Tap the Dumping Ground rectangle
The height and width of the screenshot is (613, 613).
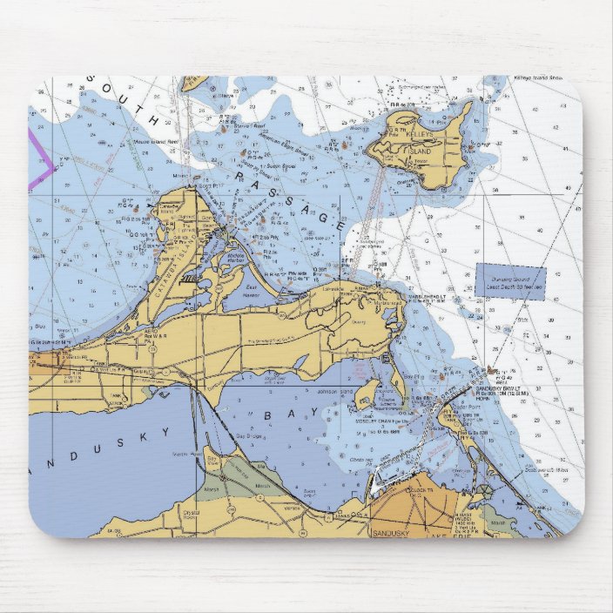(510, 283)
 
